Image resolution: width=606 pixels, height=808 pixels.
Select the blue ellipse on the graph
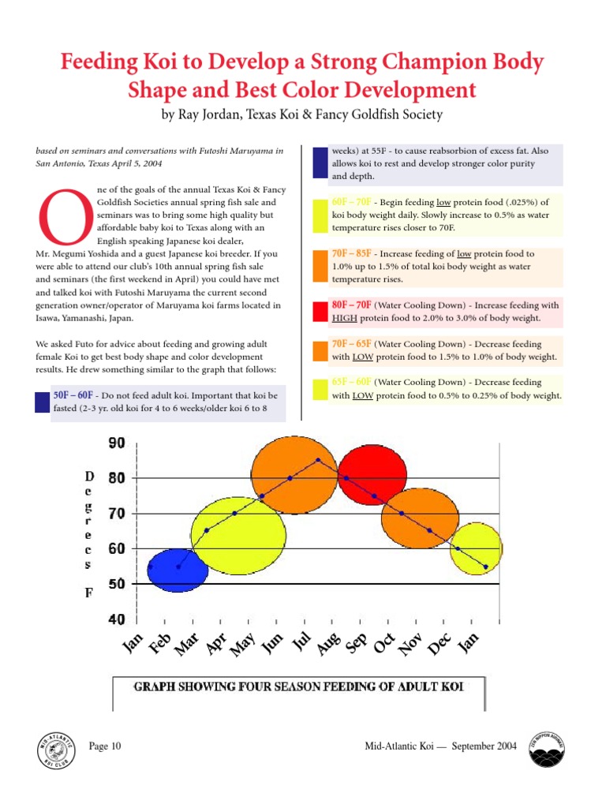[178, 569]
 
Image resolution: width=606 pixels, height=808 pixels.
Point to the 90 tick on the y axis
[116, 443]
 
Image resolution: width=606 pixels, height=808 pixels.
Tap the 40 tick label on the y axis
[116, 620]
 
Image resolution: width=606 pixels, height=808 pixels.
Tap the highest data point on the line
[318, 460]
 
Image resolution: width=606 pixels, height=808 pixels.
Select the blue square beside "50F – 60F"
[42, 402]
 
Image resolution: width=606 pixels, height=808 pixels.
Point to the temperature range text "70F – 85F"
[352, 254]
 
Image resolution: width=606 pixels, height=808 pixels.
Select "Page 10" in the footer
[105, 746]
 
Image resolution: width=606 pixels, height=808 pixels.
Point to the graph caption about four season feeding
[298, 686]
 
